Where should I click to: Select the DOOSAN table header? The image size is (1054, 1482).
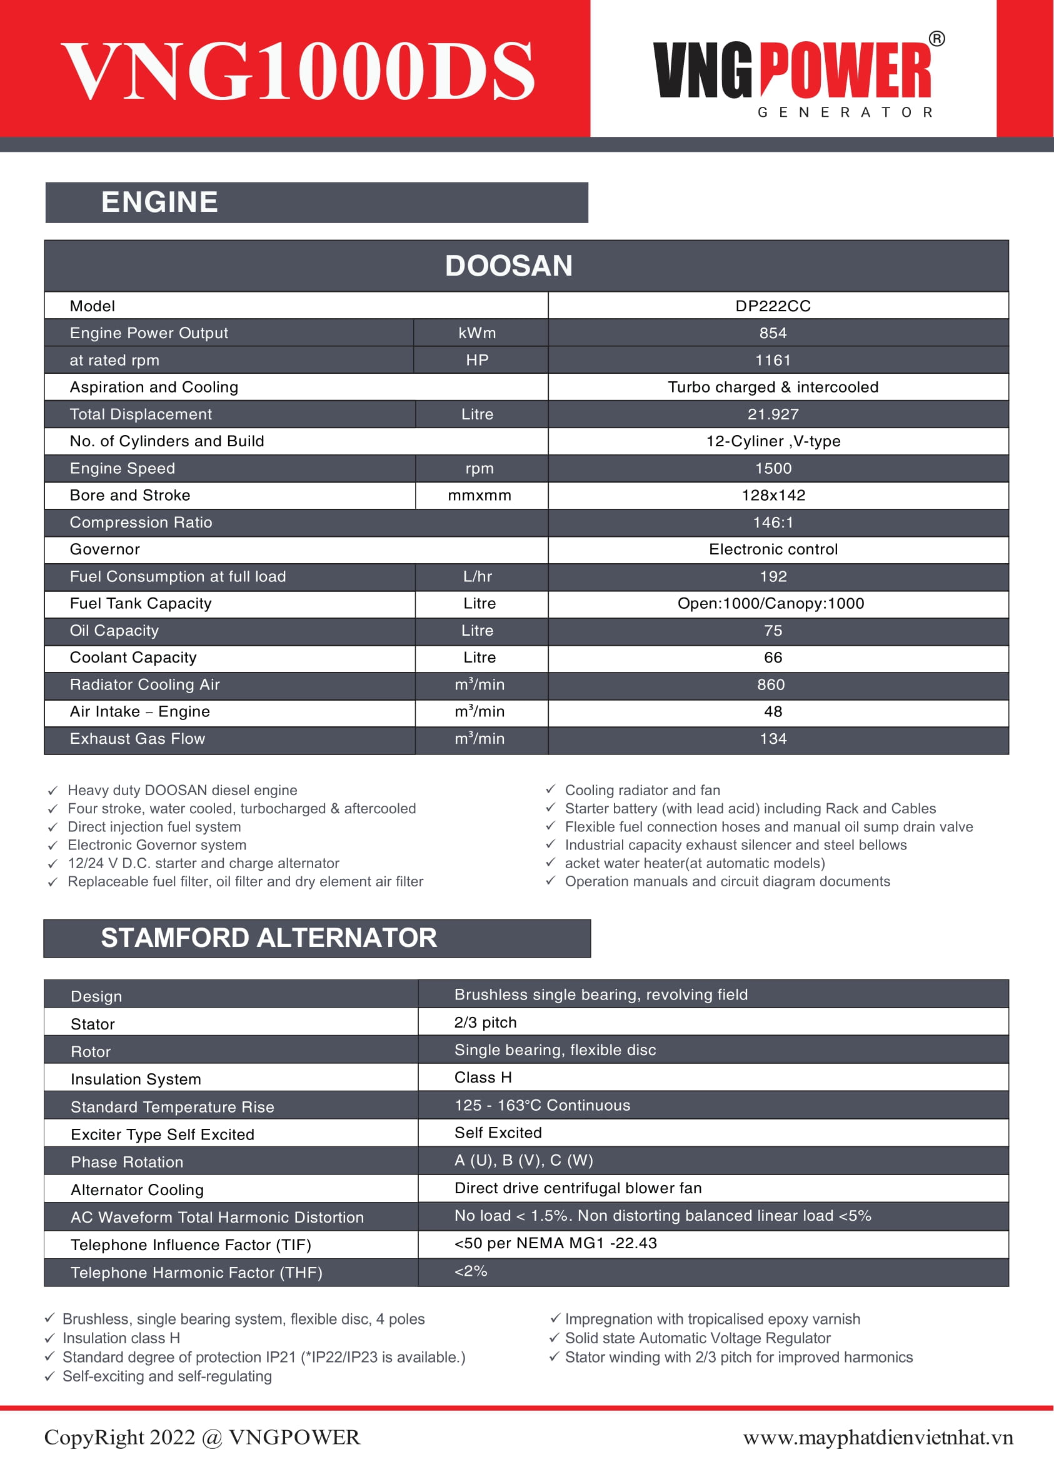tap(508, 266)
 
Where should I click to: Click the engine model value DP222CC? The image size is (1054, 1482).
tap(772, 306)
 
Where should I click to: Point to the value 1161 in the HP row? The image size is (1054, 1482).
tap(772, 360)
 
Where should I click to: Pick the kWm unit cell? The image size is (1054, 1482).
tap(477, 333)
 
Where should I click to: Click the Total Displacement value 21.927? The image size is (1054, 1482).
tap(772, 414)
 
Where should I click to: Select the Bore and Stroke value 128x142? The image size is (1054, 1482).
tap(773, 495)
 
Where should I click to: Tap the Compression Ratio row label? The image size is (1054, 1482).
tap(141, 523)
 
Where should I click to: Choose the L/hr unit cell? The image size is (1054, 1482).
tap(478, 576)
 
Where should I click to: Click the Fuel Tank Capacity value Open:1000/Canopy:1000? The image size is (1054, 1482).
tap(770, 603)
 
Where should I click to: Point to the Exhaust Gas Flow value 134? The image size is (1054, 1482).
tap(773, 738)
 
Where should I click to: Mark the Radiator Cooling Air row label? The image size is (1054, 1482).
tap(145, 684)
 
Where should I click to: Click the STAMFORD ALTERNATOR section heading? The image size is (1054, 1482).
tap(269, 938)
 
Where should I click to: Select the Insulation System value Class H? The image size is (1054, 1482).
tap(483, 1077)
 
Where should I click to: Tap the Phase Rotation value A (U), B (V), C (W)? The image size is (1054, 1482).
tap(523, 1160)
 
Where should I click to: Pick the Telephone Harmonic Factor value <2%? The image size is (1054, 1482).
tap(471, 1271)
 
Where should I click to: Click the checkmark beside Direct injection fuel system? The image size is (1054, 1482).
tap(53, 828)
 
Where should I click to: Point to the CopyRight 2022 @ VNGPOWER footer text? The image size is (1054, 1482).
tap(202, 1436)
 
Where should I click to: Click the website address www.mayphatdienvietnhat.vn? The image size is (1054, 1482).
tap(878, 1437)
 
